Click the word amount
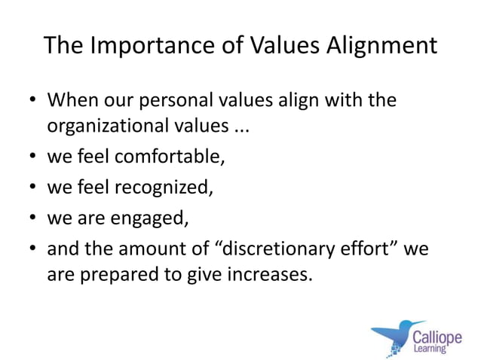[x=155, y=248]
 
